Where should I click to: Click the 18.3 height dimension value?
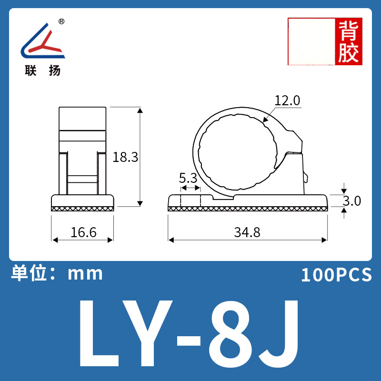click(x=125, y=157)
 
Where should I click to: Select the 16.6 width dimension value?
click(x=83, y=232)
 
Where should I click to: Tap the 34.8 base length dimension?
click(x=247, y=232)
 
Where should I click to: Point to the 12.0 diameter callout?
click(x=287, y=100)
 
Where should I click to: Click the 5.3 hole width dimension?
click(x=188, y=178)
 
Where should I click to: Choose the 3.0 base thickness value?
click(x=352, y=201)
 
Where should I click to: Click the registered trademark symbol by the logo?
click(x=61, y=21)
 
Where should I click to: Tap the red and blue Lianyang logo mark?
click(x=43, y=41)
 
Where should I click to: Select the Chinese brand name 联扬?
click(x=43, y=70)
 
